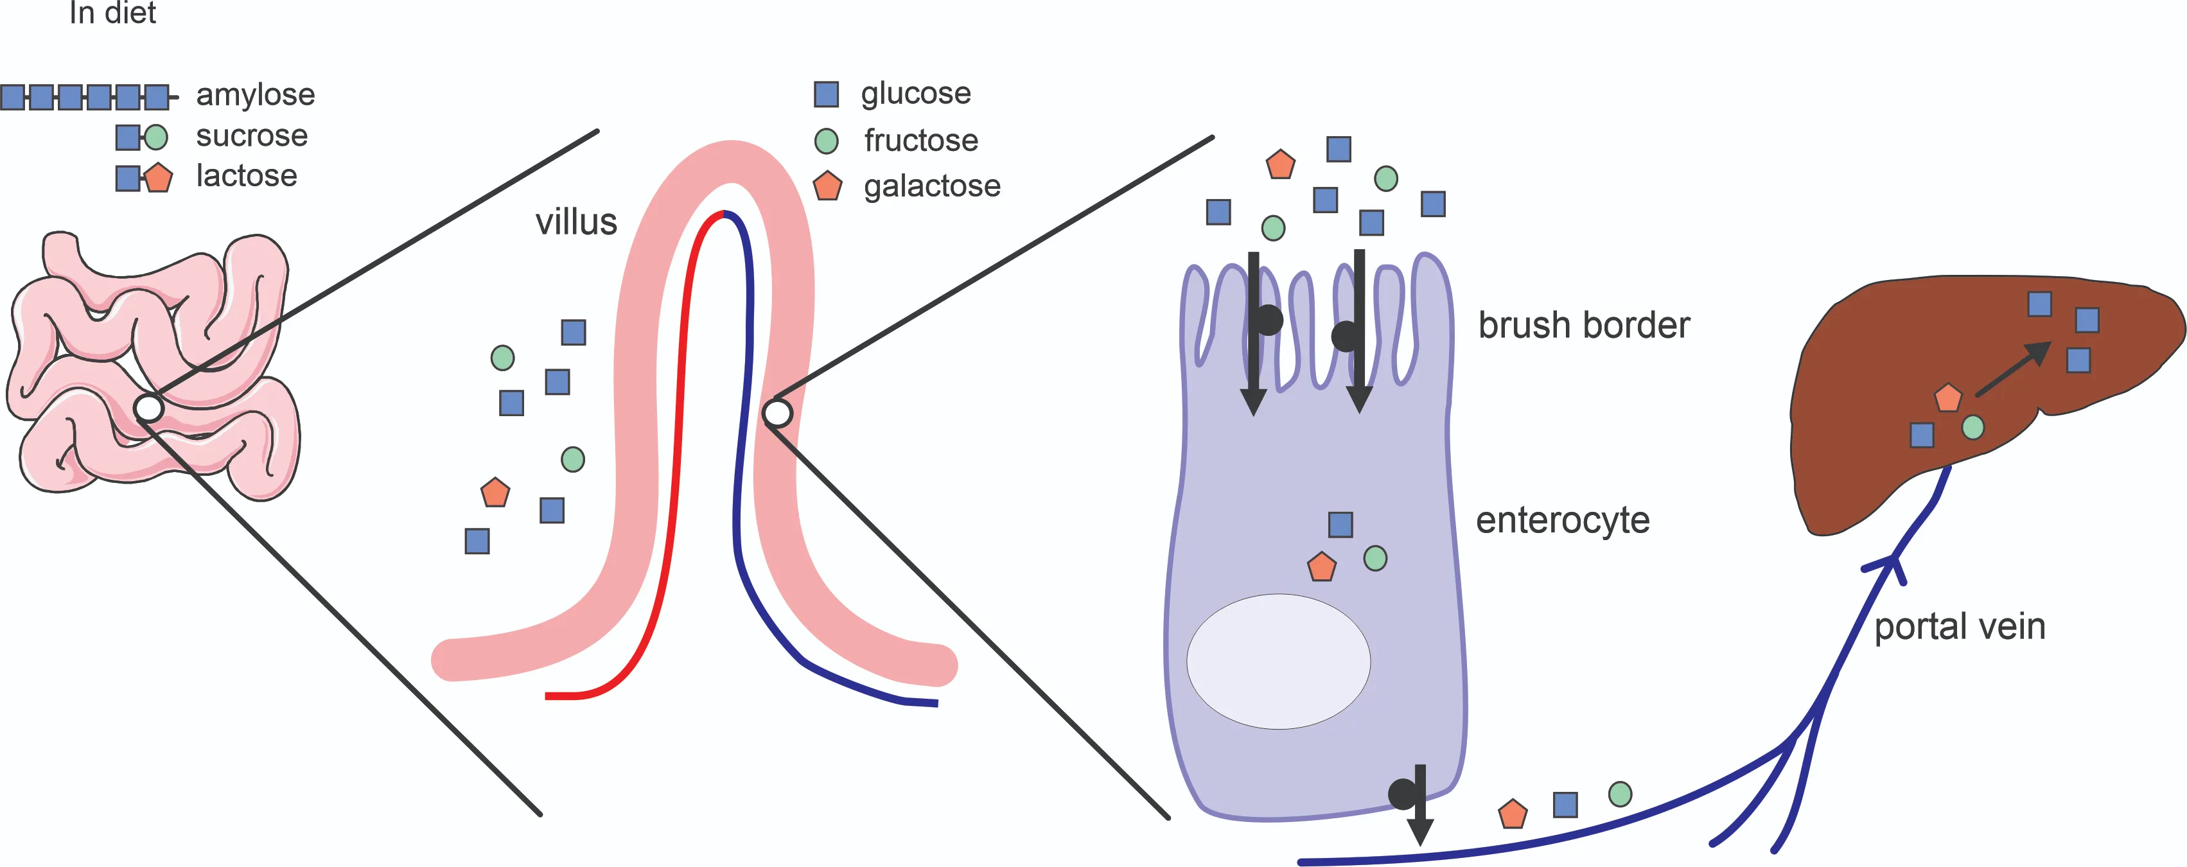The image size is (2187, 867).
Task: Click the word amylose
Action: click(255, 94)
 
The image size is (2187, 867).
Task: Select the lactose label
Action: click(246, 176)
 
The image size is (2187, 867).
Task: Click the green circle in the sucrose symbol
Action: click(156, 137)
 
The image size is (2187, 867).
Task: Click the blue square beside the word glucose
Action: click(826, 94)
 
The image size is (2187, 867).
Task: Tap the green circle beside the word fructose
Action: click(826, 141)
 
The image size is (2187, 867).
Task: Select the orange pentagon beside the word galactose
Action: click(827, 187)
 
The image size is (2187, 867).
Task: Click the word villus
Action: click(575, 222)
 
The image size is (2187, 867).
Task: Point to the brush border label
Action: click(1583, 325)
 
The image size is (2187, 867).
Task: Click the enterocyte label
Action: click(1562, 520)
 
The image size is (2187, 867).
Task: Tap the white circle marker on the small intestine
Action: click(148, 408)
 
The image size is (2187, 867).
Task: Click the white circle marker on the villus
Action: click(777, 414)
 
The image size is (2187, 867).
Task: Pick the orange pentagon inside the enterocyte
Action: click(1321, 567)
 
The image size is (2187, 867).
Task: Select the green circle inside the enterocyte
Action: click(1375, 558)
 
